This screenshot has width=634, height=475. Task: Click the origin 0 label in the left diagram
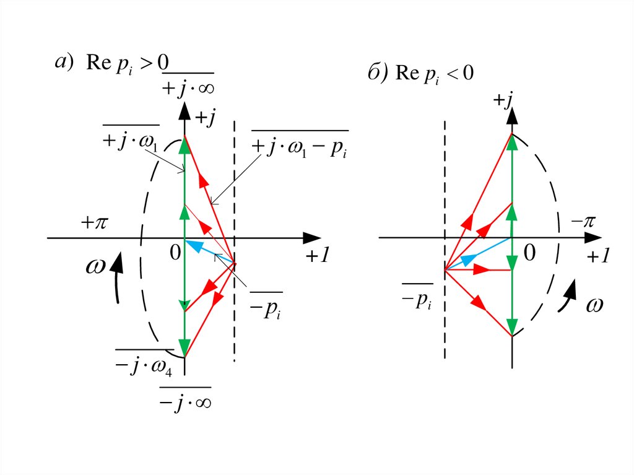(175, 253)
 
